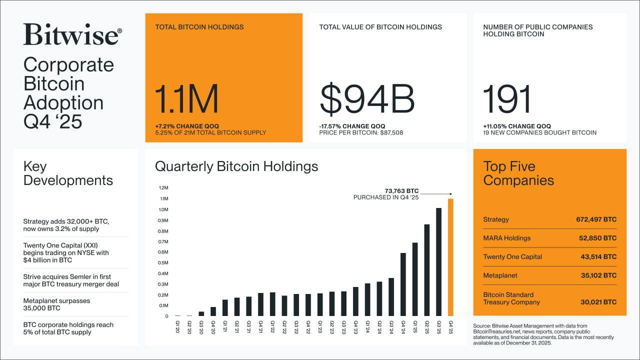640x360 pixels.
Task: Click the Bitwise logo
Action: coord(72,35)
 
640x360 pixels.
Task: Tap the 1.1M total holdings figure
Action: coord(186,99)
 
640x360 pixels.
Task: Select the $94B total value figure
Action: coord(367,99)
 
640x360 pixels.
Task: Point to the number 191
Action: coord(507,99)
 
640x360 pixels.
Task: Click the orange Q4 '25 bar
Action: coord(450,257)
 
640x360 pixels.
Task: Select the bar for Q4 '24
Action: coord(403,284)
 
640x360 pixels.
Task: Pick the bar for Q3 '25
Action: coord(438,262)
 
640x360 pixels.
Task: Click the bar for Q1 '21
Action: coord(225,307)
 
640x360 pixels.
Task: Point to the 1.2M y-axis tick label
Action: coord(163,188)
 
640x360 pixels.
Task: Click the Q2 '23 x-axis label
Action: coord(332,326)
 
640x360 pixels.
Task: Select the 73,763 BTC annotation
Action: coord(401,190)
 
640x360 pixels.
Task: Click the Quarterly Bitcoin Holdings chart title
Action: coord(236,166)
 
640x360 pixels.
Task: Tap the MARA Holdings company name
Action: coord(506,238)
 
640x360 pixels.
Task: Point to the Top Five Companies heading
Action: coord(518,173)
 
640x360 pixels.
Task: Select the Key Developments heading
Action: coord(68,173)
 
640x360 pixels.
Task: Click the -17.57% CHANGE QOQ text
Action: coord(352,126)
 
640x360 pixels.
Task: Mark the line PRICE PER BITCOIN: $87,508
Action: coord(361,133)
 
